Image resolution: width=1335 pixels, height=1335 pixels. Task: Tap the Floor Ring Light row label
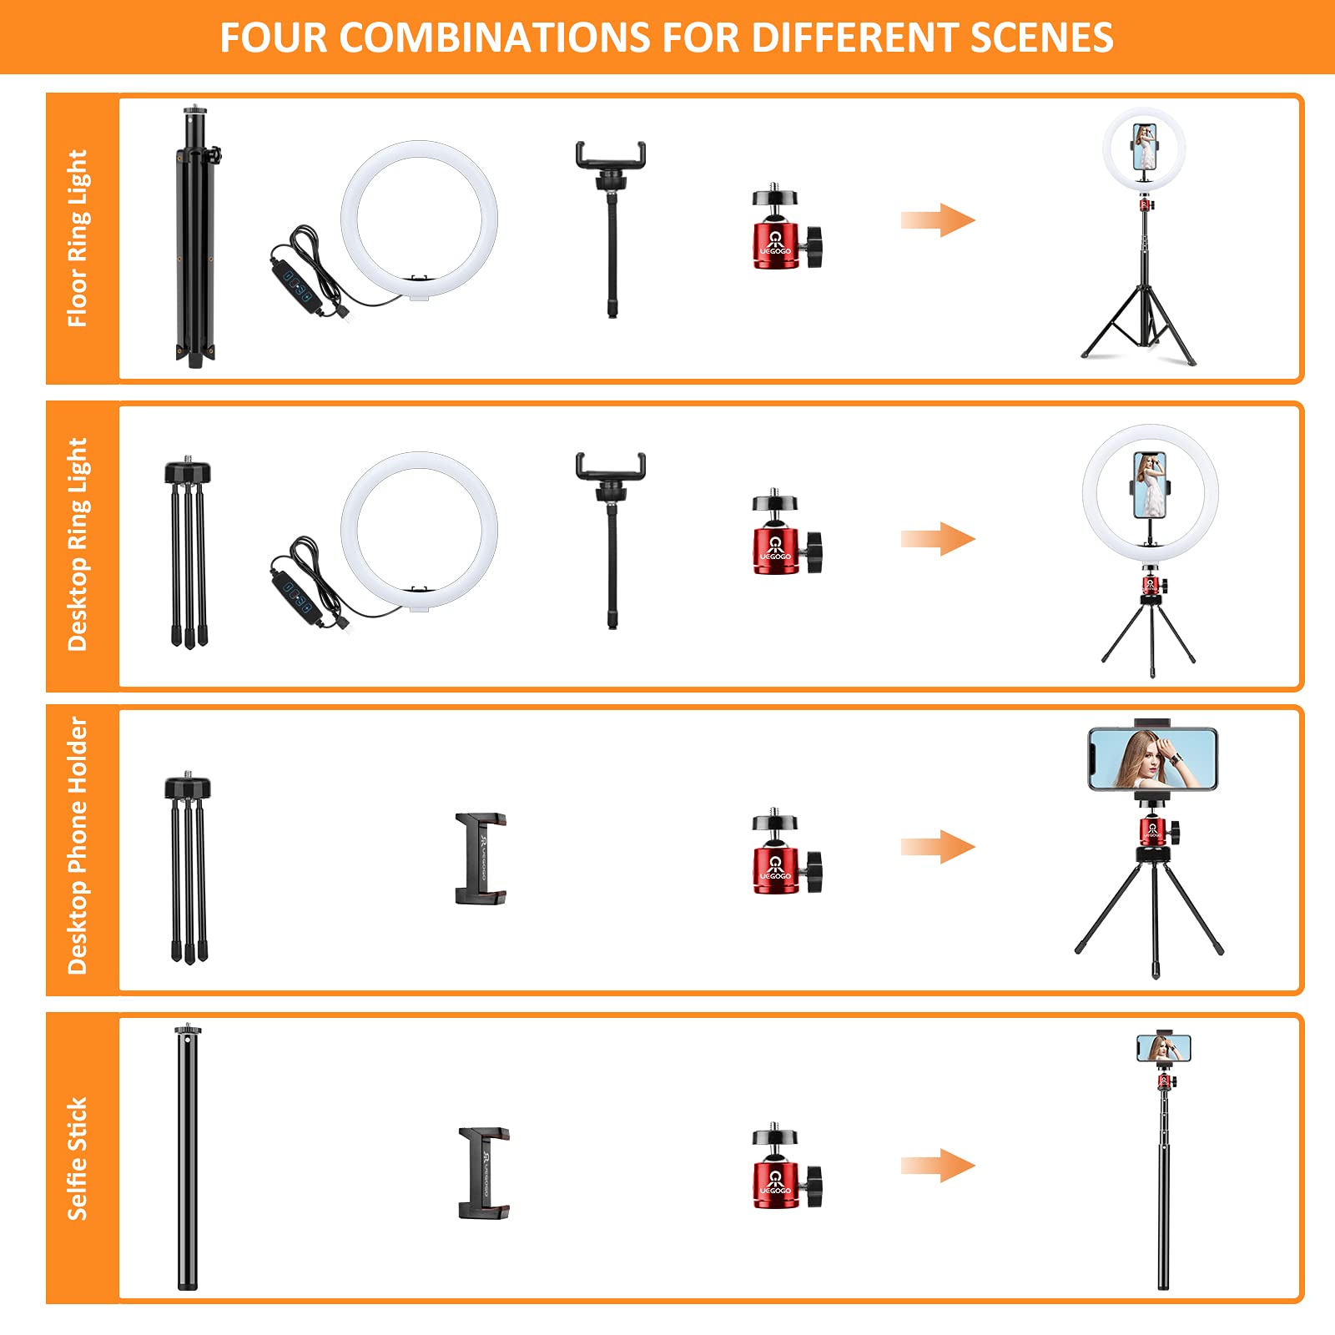pyautogui.click(x=78, y=239)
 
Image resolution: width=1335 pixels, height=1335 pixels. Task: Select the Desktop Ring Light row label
pyautogui.click(x=78, y=544)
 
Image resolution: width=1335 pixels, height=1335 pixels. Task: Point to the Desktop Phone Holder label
pyautogui.click(x=78, y=846)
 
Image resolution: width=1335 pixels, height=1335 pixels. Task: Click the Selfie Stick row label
pyautogui.click(x=78, y=1159)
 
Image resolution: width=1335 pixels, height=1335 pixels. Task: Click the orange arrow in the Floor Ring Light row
pyautogui.click(x=938, y=220)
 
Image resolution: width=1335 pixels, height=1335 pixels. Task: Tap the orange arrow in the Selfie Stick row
pyautogui.click(x=938, y=1166)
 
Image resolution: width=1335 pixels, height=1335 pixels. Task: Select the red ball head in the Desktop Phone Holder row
pyautogui.click(x=786, y=851)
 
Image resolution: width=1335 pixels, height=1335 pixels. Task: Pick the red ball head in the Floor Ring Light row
pyautogui.click(x=786, y=228)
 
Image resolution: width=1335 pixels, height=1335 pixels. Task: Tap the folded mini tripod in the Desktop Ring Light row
pyautogui.click(x=188, y=552)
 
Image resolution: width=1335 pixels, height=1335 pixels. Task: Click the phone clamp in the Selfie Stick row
pyautogui.click(x=484, y=1172)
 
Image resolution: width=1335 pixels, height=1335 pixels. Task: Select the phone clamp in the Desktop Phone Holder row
pyautogui.click(x=481, y=859)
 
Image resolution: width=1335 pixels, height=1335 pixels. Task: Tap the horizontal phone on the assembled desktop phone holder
pyautogui.click(x=1153, y=758)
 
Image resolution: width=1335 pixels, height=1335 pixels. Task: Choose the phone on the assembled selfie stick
pyautogui.click(x=1164, y=1048)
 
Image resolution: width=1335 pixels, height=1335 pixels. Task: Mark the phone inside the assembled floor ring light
pyautogui.click(x=1145, y=147)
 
